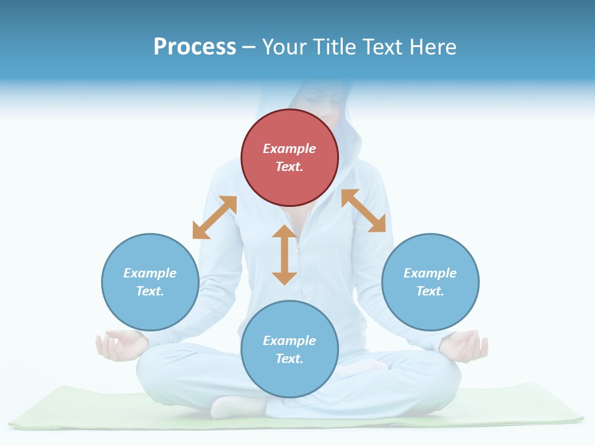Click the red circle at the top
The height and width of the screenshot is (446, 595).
pyautogui.click(x=289, y=158)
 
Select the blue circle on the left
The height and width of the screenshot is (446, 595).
pyautogui.click(x=150, y=282)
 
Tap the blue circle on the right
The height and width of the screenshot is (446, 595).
pyautogui.click(x=430, y=282)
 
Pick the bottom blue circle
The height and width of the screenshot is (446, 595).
pyautogui.click(x=289, y=349)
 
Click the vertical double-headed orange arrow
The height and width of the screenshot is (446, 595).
pyautogui.click(x=284, y=255)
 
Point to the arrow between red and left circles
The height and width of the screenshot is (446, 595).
pyautogui.click(x=214, y=217)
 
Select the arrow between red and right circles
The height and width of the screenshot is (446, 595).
pyautogui.click(x=363, y=211)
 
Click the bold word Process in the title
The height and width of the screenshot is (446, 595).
pyautogui.click(x=195, y=47)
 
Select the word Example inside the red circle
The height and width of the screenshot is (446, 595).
pyautogui.click(x=289, y=149)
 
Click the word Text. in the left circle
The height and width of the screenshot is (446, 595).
pyautogui.click(x=150, y=291)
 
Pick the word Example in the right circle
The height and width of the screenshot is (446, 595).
pyautogui.click(x=430, y=273)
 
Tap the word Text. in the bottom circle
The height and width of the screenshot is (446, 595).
pyautogui.click(x=289, y=359)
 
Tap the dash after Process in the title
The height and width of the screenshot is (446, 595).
pyautogui.click(x=249, y=47)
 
